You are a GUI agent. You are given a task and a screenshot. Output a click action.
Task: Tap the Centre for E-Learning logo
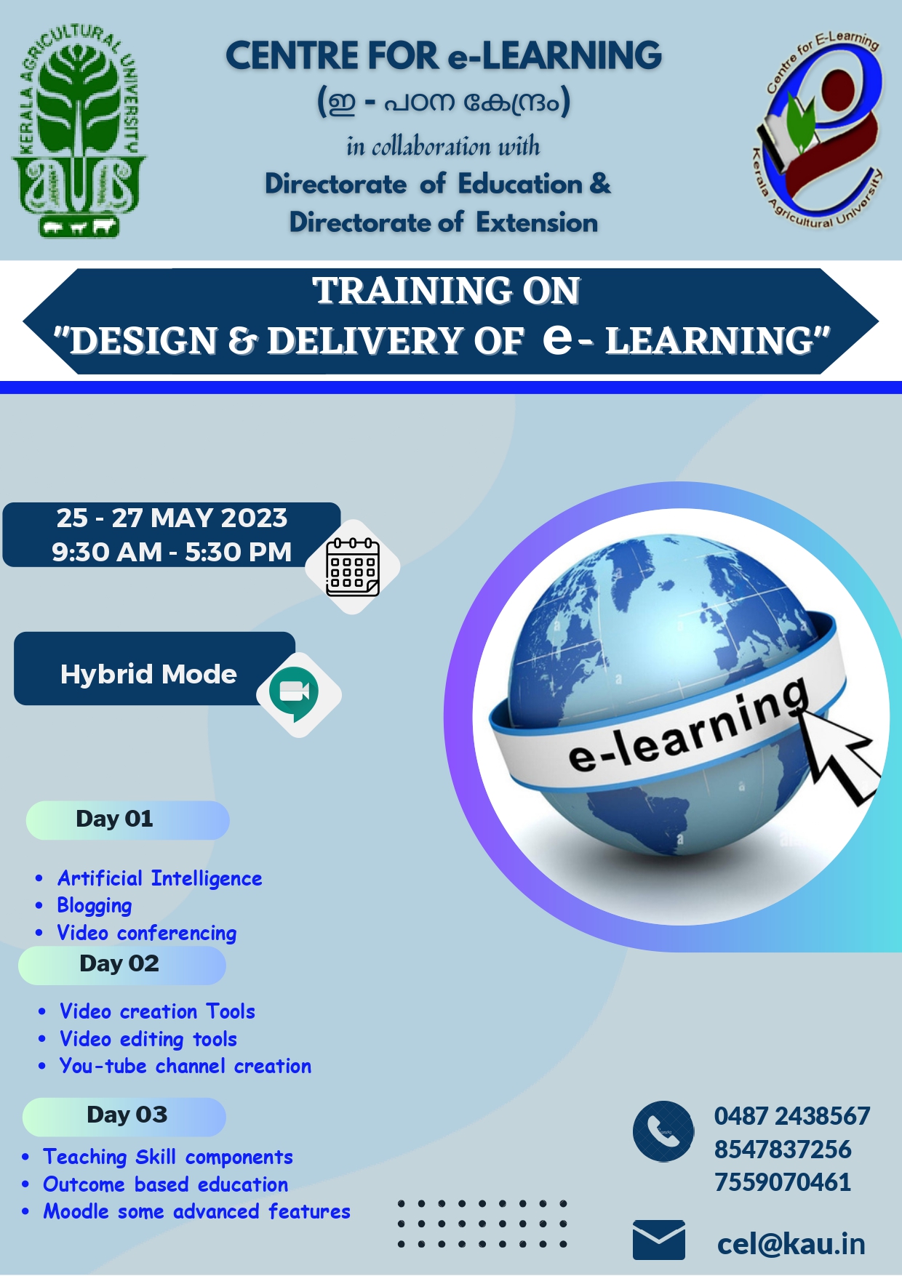tap(818, 129)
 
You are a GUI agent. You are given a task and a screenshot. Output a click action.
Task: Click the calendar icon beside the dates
tap(353, 567)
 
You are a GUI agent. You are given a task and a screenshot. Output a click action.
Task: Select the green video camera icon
tap(295, 693)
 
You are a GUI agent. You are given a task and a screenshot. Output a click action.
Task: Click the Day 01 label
tap(115, 819)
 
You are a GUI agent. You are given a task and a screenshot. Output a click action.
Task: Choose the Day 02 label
tap(119, 963)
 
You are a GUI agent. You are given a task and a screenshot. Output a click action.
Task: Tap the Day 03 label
tap(127, 1115)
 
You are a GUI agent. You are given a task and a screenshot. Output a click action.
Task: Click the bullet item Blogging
tap(95, 906)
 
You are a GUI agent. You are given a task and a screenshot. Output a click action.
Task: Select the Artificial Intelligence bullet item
tap(160, 879)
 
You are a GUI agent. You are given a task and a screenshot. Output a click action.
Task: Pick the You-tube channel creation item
tap(185, 1066)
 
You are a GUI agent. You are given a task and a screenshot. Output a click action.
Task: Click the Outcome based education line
tap(166, 1184)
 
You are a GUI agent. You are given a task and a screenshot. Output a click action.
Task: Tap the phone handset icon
tap(663, 1131)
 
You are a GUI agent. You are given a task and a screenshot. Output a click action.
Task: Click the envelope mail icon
tap(659, 1240)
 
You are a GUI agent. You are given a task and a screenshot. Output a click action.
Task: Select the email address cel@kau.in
tap(791, 1244)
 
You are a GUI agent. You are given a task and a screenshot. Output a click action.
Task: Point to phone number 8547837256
tap(783, 1149)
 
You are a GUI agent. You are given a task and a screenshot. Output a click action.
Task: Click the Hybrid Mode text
tap(148, 674)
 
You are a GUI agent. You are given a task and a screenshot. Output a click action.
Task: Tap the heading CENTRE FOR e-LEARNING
tap(444, 56)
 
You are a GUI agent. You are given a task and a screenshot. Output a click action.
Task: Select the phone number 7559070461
tap(783, 1182)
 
